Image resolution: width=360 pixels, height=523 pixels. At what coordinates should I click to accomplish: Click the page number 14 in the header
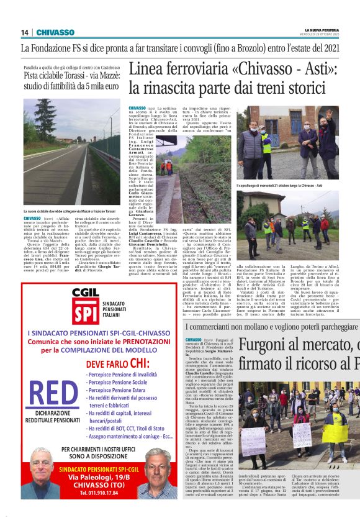(x=25, y=32)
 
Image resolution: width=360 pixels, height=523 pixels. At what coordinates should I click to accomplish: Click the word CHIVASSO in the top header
(x=55, y=32)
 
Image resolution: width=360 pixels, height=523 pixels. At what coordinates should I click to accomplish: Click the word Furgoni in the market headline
(x=273, y=346)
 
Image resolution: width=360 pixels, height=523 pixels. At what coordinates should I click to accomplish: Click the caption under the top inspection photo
(x=284, y=185)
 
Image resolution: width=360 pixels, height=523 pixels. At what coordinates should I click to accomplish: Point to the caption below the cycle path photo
(x=71, y=211)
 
